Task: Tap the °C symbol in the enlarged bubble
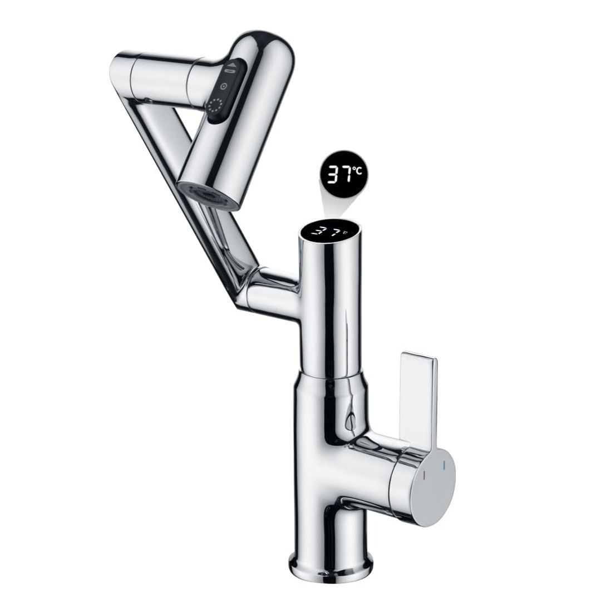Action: tap(359, 171)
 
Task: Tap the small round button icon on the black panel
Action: tap(222, 87)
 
